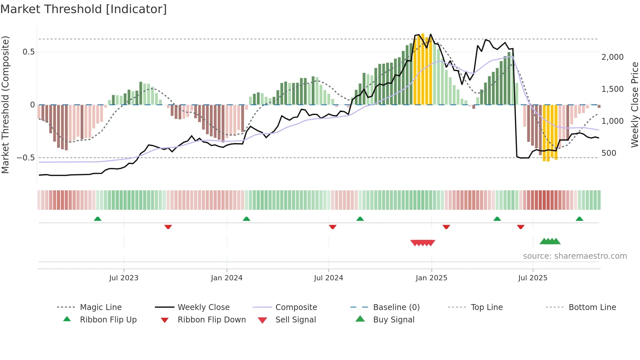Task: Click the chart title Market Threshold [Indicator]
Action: coord(84,9)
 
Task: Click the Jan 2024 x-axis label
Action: coord(227,278)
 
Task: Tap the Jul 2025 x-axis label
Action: coord(533,278)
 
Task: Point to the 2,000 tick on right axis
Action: coord(612,57)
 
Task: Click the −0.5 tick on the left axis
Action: coord(25,158)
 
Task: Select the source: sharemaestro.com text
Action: coord(575,256)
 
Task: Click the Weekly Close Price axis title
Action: coord(634,105)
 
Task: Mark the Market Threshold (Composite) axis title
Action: coord(5,105)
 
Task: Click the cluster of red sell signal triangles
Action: coord(423,243)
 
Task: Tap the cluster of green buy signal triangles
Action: coord(550,241)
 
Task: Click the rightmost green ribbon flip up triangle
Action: coord(579,219)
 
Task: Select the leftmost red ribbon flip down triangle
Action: coord(168,227)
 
